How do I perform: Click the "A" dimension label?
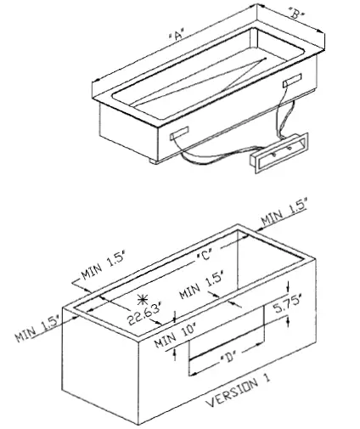(x=177, y=36)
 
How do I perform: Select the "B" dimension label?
(x=295, y=14)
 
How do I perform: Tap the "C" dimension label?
(x=204, y=253)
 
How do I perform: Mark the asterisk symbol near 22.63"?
(x=142, y=299)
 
